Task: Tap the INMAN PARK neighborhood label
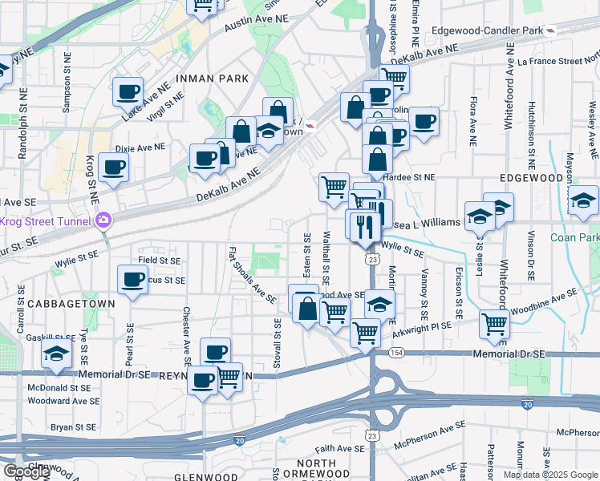click(x=206, y=78)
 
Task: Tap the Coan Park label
click(x=574, y=237)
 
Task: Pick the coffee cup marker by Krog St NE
click(x=113, y=167)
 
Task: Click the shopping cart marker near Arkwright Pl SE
click(x=495, y=324)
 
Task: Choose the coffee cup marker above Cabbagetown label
click(x=132, y=280)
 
